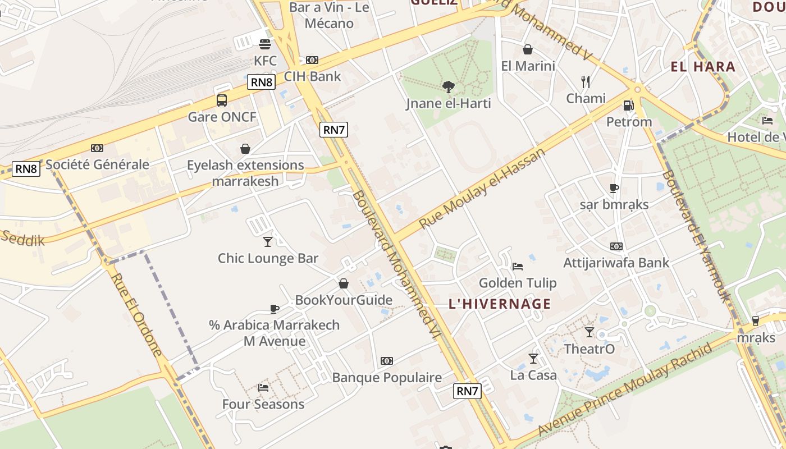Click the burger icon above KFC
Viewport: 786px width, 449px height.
(264, 44)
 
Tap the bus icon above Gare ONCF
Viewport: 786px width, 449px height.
(222, 100)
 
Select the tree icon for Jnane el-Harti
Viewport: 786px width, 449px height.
(448, 86)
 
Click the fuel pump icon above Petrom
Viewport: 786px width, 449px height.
(629, 105)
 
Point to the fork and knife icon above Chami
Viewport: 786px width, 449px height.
(586, 82)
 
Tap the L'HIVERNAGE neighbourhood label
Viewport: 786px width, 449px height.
(500, 304)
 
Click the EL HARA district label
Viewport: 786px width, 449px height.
(703, 67)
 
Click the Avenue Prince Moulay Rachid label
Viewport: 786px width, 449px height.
(625, 390)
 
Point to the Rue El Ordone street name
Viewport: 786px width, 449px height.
(136, 314)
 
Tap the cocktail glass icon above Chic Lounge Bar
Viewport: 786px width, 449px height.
(268, 241)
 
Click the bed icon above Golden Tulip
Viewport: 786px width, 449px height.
(518, 266)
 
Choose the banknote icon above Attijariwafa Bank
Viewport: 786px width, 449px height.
(616, 246)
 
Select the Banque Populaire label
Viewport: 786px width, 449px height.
(387, 378)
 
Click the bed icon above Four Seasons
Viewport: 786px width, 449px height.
(263, 387)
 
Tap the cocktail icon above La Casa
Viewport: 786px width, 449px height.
(533, 358)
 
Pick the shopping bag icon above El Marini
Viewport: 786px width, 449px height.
(528, 49)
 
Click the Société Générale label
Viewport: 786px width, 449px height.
(97, 164)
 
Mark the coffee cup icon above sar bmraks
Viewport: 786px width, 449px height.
(614, 188)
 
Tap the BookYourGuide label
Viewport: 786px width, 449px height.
(344, 300)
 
